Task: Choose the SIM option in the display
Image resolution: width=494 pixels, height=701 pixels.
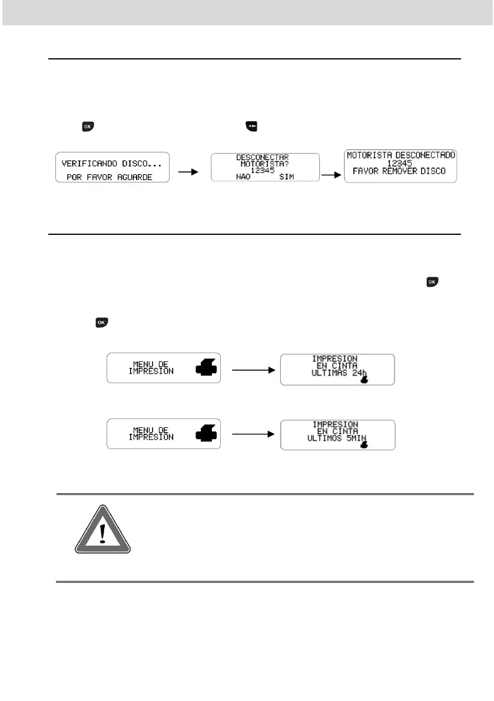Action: tap(287, 177)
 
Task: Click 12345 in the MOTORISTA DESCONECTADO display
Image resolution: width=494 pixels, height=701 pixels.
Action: tap(400, 163)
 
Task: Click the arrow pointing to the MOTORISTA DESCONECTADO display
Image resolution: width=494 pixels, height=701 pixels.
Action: tap(331, 175)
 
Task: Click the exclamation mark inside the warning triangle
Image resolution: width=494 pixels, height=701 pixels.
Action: tap(103, 533)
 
